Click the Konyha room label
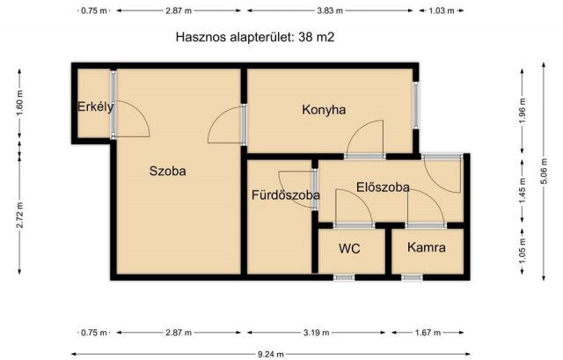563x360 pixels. [x=324, y=110]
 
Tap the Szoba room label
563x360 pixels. [x=167, y=172]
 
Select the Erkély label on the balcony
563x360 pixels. [x=95, y=107]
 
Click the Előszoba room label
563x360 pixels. [x=383, y=187]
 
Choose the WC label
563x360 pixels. [x=350, y=248]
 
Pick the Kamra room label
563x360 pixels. [x=426, y=248]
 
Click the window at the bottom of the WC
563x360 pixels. [x=343, y=277]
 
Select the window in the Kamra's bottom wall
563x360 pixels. [x=412, y=277]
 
